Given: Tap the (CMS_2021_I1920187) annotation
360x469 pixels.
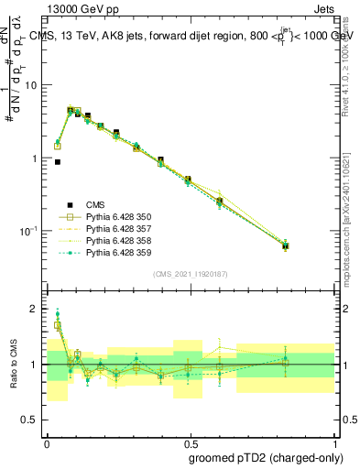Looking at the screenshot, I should pyautogui.click(x=190, y=273).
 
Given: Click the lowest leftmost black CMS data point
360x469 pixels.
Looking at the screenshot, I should pyautogui.click(x=58, y=162).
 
